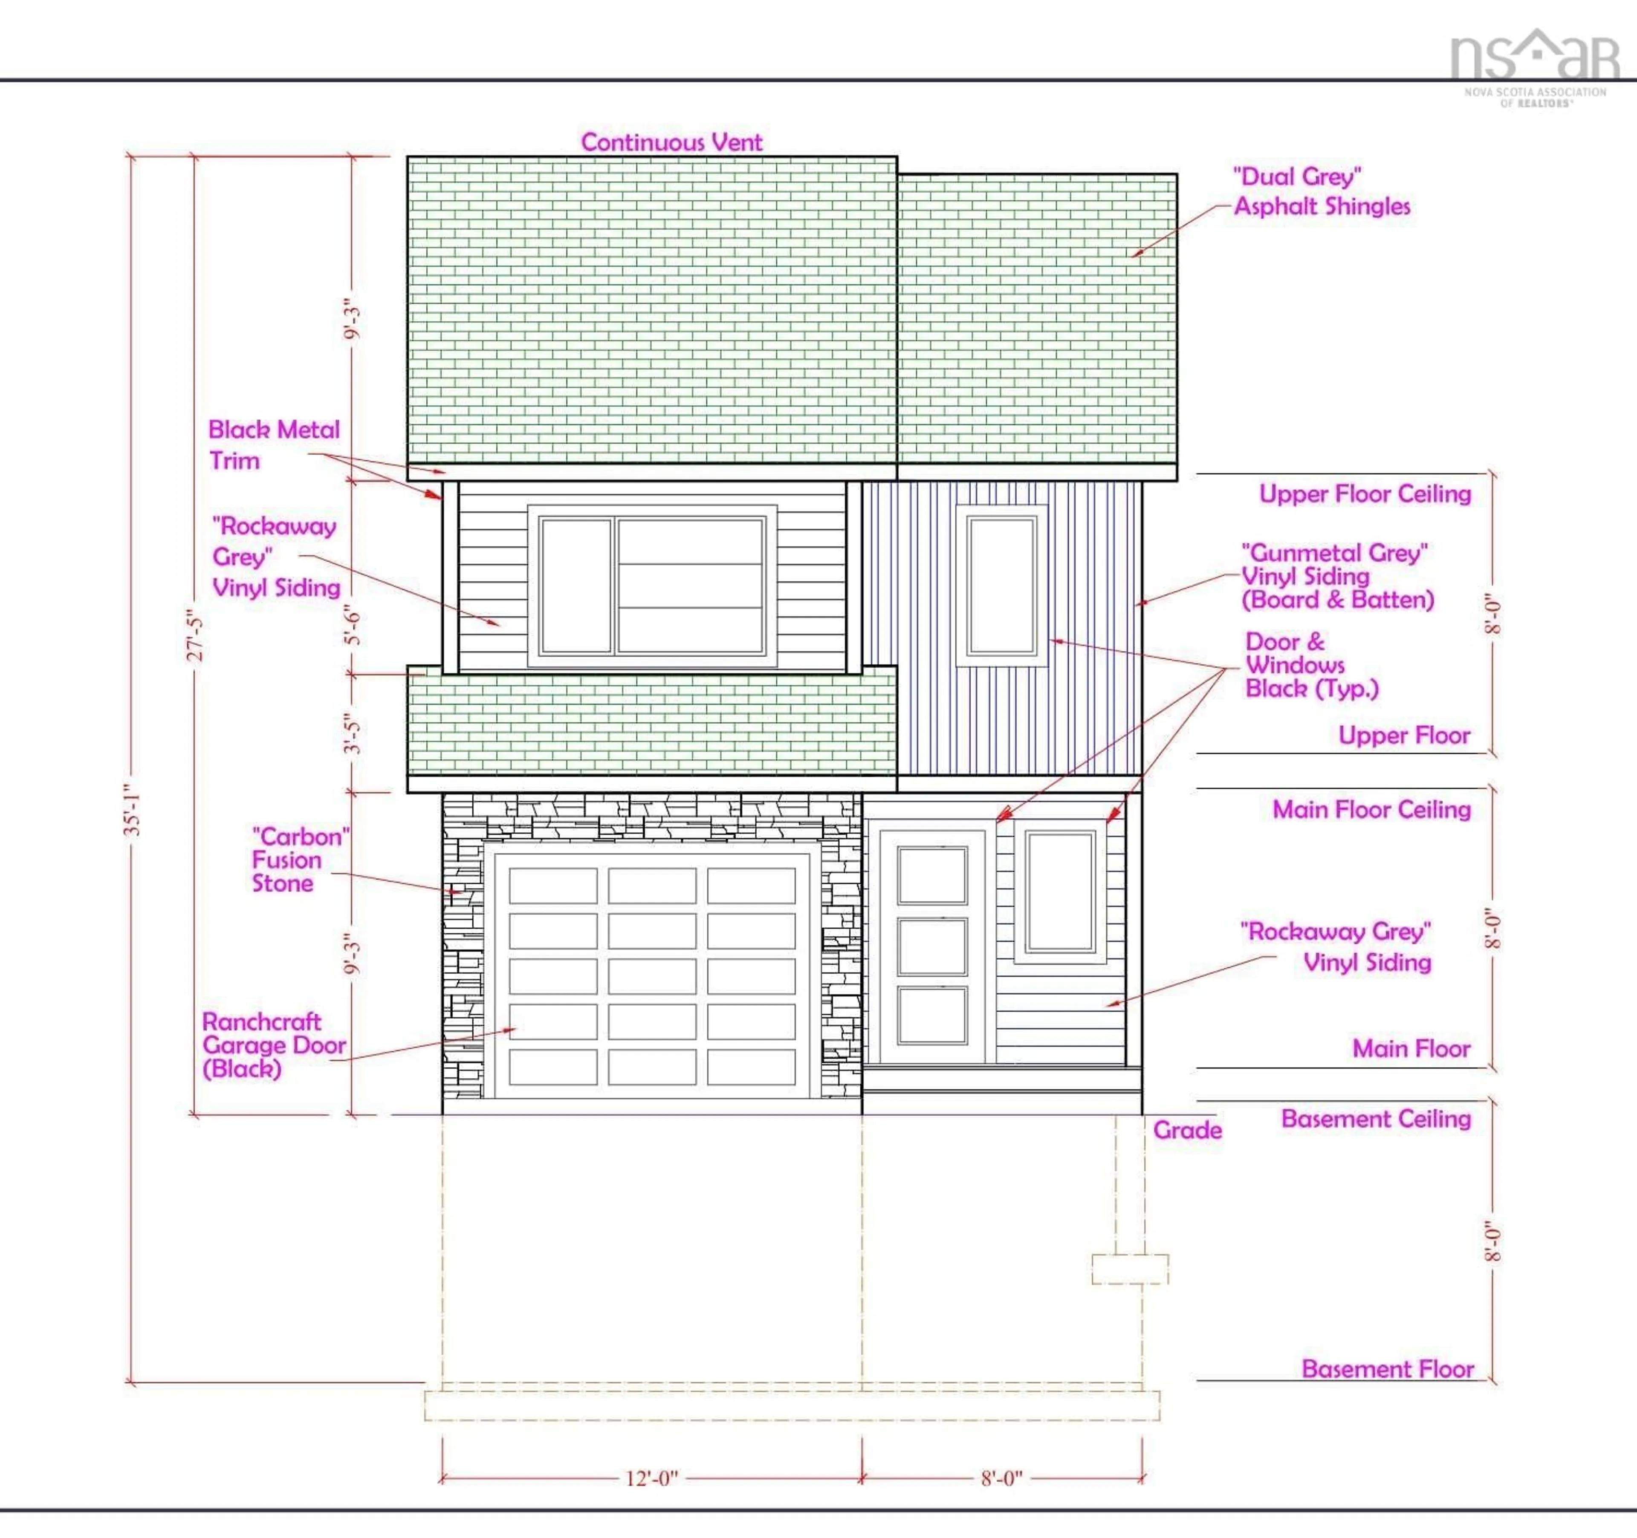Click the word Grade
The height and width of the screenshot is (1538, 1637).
click(1186, 1130)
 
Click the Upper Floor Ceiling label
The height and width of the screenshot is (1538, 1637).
click(1365, 494)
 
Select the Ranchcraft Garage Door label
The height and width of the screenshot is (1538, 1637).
click(273, 1045)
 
